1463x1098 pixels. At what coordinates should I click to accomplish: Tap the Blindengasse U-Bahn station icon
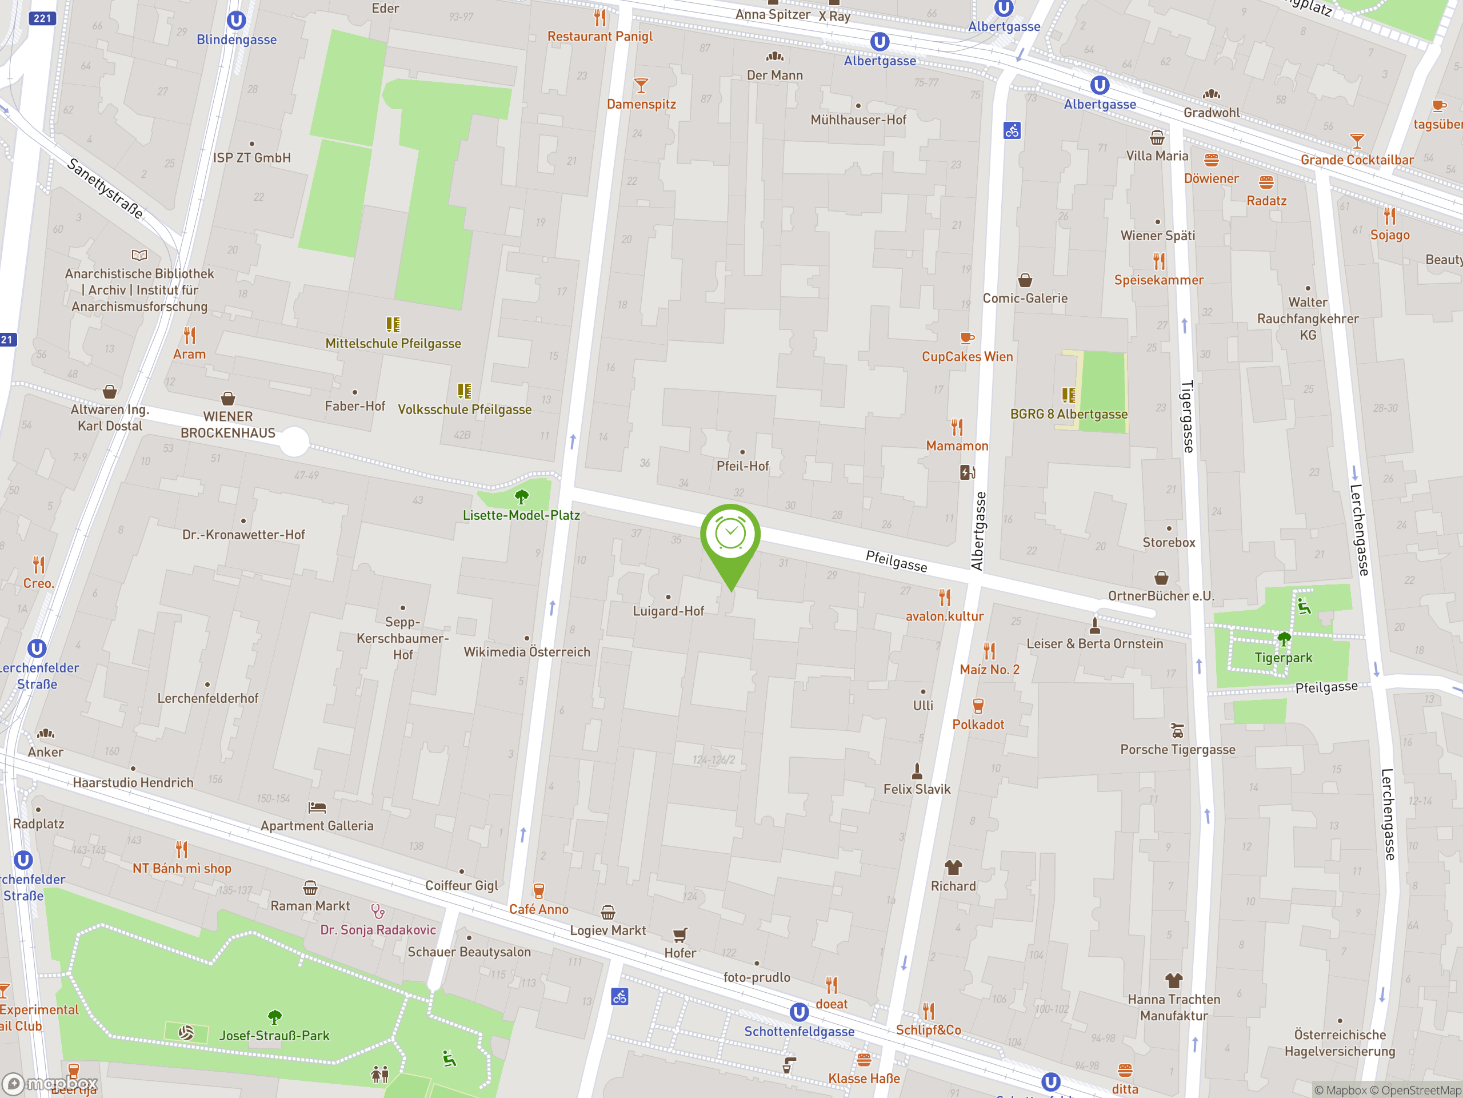coord(236,21)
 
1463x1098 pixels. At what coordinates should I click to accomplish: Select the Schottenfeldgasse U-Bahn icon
coord(799,1012)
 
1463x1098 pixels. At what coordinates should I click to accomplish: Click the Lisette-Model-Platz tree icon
coord(521,496)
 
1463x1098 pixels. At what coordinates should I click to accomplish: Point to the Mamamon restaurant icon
coord(957,427)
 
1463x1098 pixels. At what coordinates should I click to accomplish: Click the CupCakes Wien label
coord(967,357)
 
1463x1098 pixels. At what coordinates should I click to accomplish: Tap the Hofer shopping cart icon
coord(680,934)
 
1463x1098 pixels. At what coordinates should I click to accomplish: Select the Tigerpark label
coord(1283,658)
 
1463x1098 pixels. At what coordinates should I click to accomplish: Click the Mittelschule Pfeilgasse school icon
coord(393,324)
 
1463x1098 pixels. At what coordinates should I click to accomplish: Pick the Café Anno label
coord(538,909)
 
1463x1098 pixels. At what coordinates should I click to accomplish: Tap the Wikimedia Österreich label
coord(526,652)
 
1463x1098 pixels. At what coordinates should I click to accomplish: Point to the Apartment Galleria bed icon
coord(317,807)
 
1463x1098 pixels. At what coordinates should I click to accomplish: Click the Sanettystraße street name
coord(106,189)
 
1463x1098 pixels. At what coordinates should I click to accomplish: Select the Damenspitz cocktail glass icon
coord(640,86)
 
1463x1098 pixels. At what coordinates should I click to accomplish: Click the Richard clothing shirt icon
coord(953,867)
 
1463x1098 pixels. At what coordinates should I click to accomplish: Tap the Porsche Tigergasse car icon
coord(1177,731)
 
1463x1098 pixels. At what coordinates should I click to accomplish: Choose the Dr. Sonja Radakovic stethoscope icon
coord(378,912)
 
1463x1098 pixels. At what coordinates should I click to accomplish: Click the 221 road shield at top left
coord(42,18)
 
